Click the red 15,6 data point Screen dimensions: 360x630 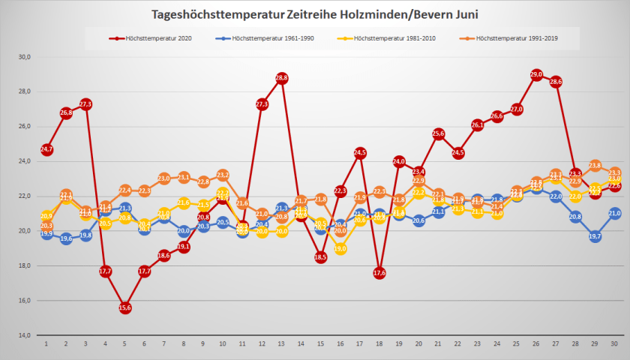coord(125,307)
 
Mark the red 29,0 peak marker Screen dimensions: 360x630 coord(536,74)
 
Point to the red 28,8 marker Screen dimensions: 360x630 coord(282,78)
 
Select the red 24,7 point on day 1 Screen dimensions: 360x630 coord(46,149)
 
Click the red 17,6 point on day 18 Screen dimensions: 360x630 coord(379,273)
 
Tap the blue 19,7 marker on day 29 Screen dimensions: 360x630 coord(595,236)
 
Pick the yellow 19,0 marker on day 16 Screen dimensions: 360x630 coord(340,249)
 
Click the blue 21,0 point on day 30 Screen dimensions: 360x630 coord(615,214)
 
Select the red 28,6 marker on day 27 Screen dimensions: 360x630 coord(556,81)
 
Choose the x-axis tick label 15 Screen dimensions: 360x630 coord(320,343)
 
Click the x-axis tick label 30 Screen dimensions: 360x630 coord(614,343)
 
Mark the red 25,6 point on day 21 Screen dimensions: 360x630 coord(439,133)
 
